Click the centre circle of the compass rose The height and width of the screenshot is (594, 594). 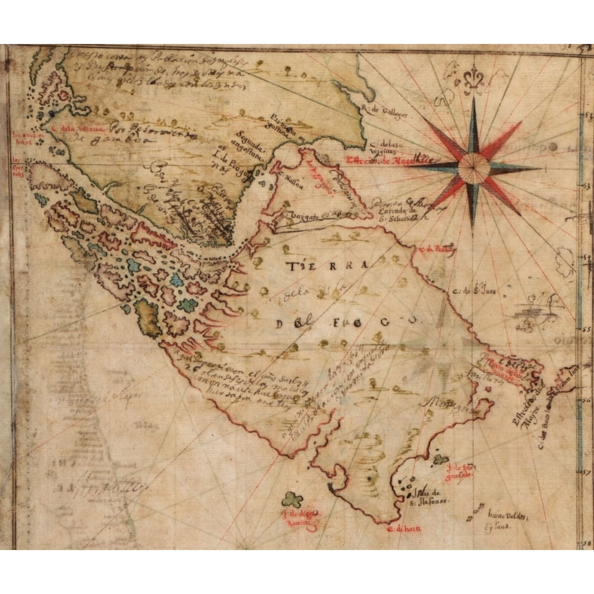click(x=474, y=168)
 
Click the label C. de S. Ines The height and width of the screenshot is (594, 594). click(x=475, y=290)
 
